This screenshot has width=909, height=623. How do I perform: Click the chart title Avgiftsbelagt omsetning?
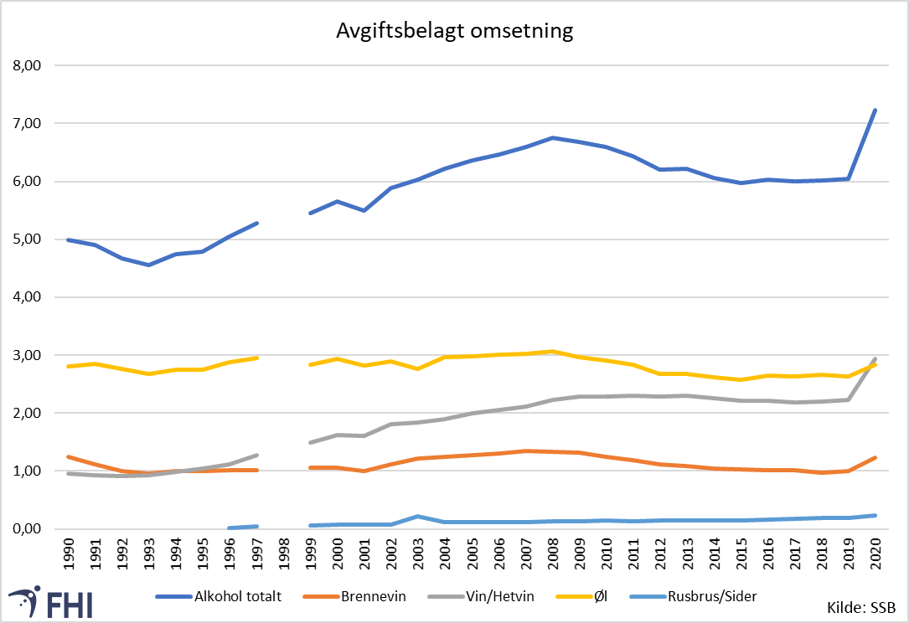point(455,31)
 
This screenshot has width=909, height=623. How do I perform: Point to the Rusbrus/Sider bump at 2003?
point(417,517)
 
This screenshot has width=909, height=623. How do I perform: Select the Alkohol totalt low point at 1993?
point(149,265)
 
